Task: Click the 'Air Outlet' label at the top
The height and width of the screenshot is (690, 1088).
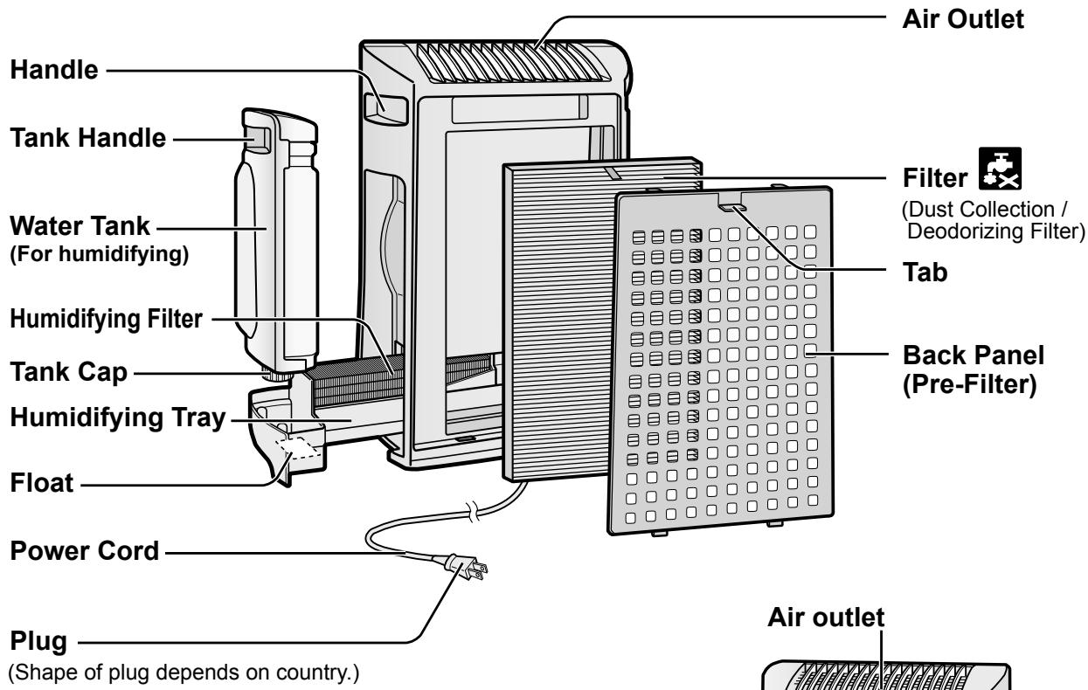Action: (963, 19)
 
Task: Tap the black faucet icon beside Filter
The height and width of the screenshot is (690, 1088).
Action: (1000, 169)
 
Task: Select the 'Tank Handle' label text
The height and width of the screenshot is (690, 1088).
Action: (88, 138)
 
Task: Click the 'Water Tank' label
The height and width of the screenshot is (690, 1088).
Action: (80, 226)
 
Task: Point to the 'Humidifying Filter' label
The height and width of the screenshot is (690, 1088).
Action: (106, 319)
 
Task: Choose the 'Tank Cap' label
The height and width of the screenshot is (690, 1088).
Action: (68, 372)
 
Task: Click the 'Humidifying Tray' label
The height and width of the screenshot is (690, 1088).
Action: (118, 417)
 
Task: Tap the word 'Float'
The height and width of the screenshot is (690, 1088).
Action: (42, 483)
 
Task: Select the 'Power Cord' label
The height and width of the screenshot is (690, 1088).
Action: (85, 551)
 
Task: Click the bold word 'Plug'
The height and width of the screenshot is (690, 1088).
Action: (38, 641)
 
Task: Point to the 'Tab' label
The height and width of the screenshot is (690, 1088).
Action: (925, 272)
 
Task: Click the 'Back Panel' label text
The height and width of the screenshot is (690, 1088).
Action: (974, 355)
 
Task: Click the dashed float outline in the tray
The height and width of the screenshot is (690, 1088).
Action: (297, 448)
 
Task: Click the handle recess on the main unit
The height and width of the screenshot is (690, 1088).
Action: (386, 107)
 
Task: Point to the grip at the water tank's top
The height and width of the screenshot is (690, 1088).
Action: (258, 138)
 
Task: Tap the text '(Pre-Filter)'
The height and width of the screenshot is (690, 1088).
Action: (969, 384)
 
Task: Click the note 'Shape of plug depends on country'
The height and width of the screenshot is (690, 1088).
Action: (184, 673)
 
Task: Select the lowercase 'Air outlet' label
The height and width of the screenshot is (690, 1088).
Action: (826, 618)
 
